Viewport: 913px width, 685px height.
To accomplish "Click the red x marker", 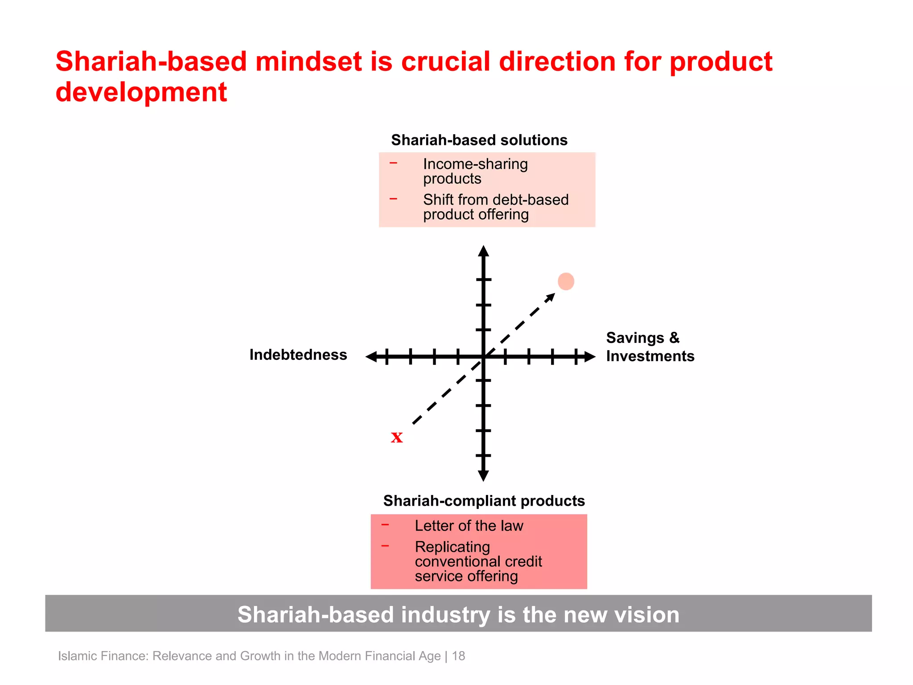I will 397,437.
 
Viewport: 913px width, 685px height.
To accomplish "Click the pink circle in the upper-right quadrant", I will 566,281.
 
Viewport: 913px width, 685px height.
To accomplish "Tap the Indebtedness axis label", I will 298,355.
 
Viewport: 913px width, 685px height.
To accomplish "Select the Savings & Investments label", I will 650,347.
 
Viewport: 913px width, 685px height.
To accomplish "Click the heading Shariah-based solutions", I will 479,140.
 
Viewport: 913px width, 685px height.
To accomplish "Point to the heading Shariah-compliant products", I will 484,501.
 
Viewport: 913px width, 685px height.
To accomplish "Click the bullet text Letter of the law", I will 469,526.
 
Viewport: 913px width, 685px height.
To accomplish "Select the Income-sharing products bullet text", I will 475,171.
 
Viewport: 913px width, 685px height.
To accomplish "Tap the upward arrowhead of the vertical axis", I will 483,251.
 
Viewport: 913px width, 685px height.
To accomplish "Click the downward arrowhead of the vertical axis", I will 483,476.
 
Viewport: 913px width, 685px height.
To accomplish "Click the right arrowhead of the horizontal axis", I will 590,356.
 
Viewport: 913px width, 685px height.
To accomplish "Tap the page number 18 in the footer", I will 458,656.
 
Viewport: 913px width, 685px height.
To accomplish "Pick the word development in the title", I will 141,92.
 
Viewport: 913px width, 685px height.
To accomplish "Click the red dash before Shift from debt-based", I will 393,199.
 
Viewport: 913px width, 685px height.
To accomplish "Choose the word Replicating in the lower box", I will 452,547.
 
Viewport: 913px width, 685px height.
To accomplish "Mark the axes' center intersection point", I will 483,356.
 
